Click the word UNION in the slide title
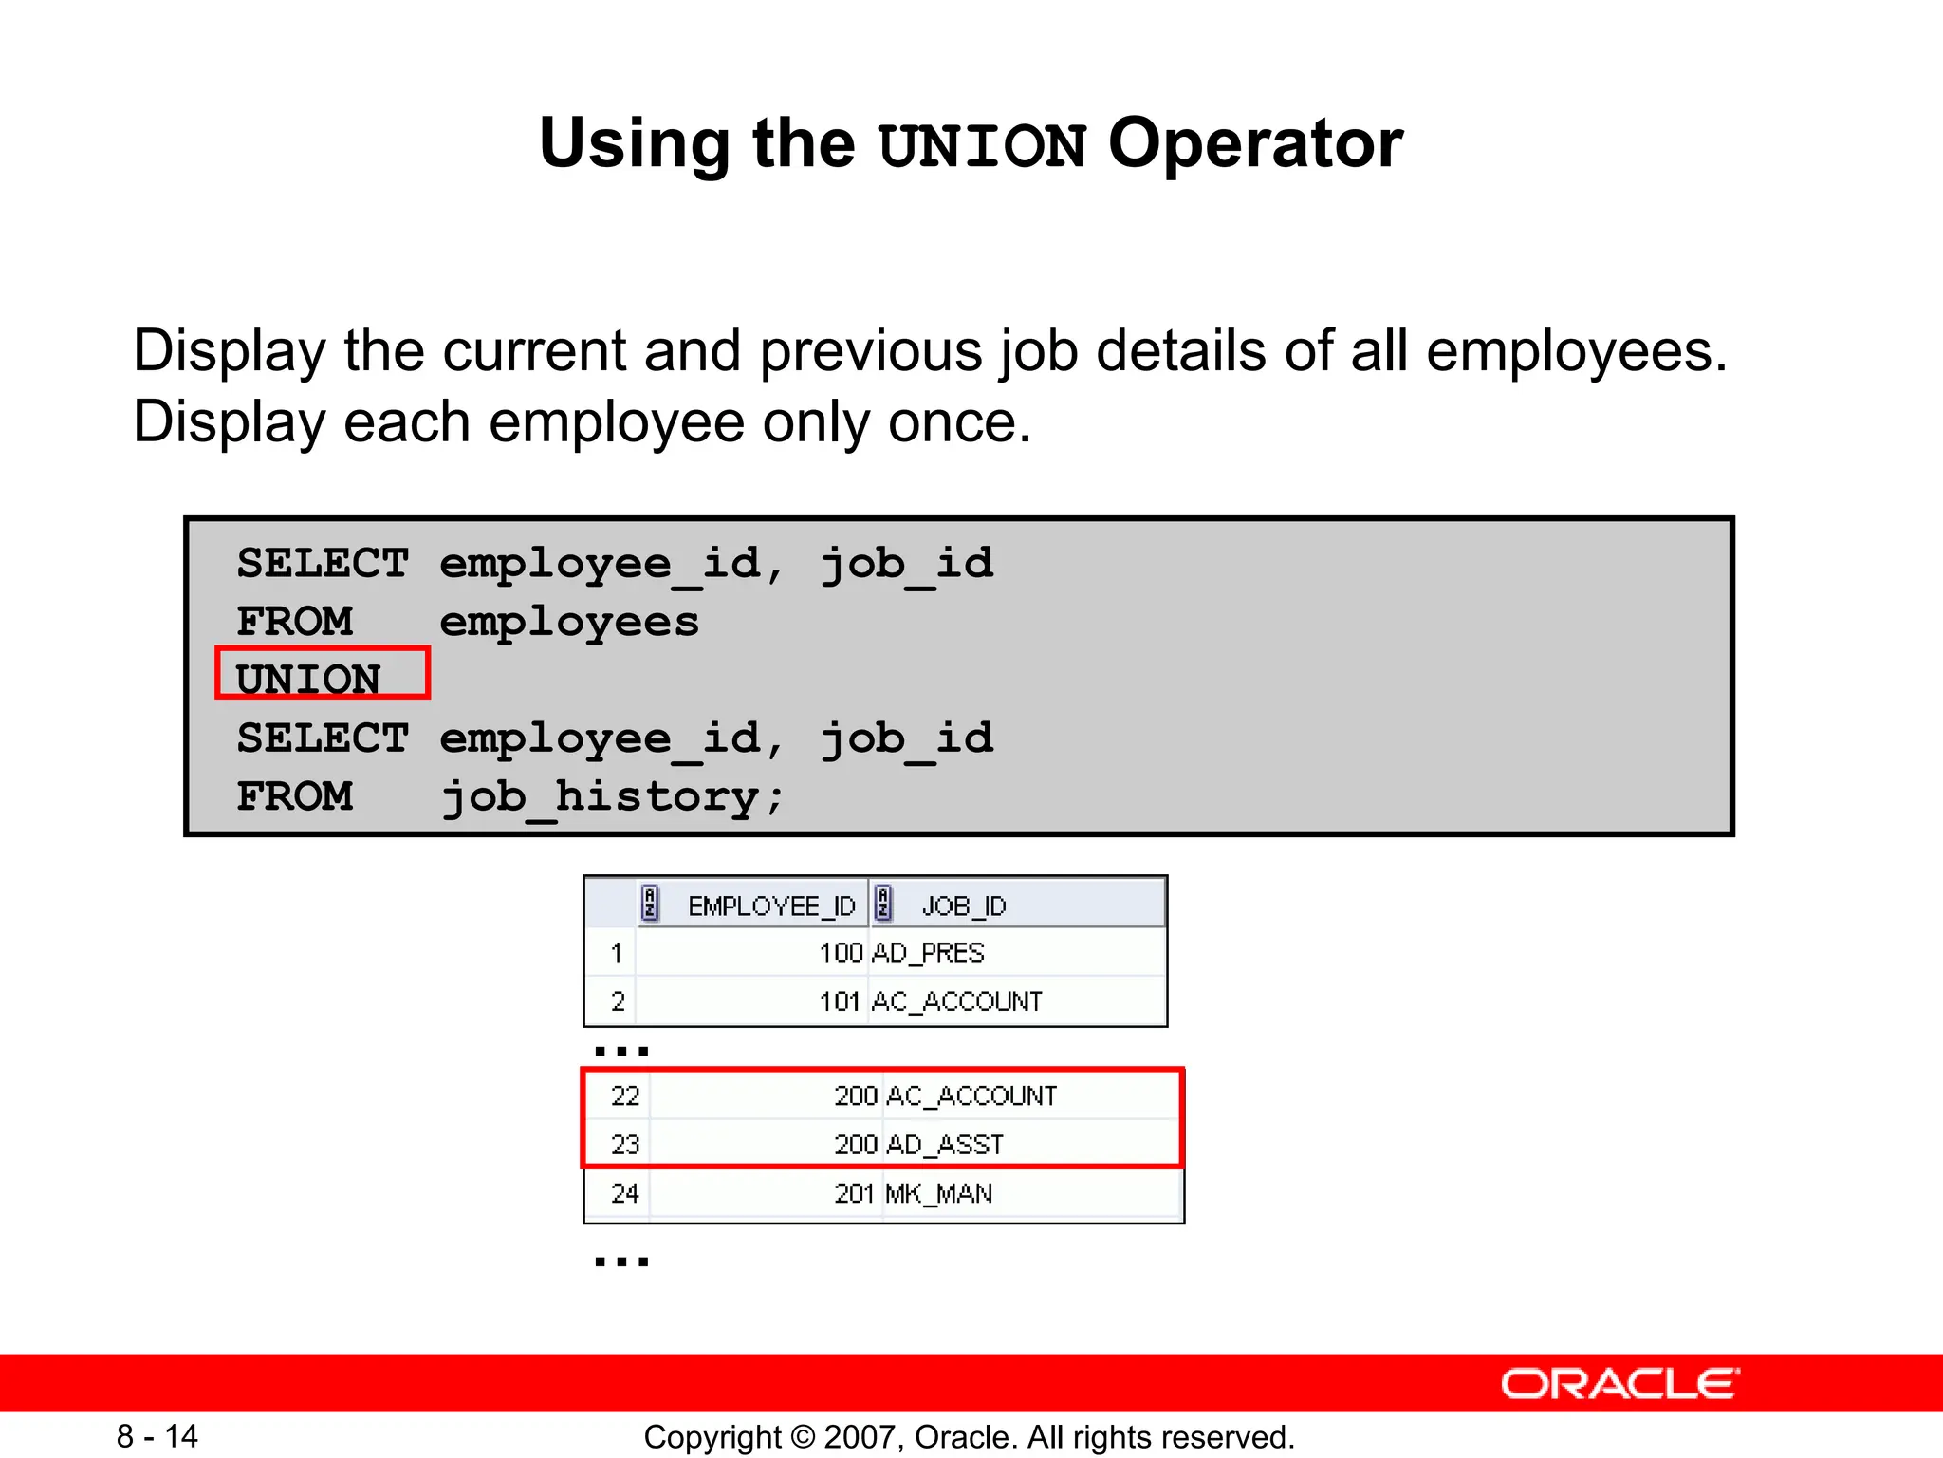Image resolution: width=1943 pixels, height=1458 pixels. [x=983, y=146]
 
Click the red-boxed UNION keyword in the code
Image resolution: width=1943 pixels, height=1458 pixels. [x=308, y=678]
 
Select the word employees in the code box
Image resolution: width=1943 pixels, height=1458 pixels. [x=569, y=622]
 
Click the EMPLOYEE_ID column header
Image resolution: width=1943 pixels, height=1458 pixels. [x=770, y=906]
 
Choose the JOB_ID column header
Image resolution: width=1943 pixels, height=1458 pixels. [x=963, y=906]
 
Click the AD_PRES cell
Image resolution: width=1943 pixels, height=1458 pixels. [x=927, y=952]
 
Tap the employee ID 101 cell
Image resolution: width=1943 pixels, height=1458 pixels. [x=840, y=1001]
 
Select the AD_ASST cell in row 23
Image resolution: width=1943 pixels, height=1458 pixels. [x=944, y=1145]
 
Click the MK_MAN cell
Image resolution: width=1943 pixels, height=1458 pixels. [x=938, y=1193]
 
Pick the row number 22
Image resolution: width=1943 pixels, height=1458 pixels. [x=625, y=1096]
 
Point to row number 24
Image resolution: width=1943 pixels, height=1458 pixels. [x=625, y=1193]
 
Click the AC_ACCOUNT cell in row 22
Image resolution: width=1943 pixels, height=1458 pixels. [x=971, y=1096]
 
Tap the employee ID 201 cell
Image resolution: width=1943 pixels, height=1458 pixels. [x=854, y=1193]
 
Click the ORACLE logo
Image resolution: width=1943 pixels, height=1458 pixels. [x=1619, y=1384]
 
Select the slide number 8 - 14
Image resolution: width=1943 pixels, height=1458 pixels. [x=157, y=1436]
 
